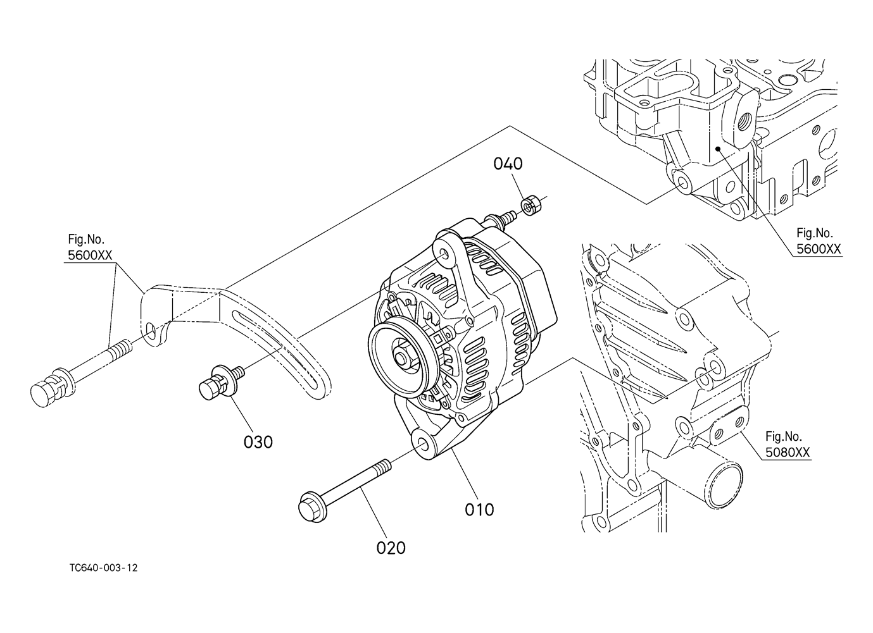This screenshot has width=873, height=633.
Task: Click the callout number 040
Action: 508,164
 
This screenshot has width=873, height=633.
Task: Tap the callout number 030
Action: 258,442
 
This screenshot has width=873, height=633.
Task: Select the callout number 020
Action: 391,548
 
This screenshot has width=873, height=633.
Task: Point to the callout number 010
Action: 479,509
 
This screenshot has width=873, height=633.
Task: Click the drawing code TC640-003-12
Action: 104,568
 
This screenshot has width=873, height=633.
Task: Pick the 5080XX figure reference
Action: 788,452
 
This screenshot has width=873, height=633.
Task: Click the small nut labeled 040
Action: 529,205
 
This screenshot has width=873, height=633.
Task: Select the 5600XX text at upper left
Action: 90,255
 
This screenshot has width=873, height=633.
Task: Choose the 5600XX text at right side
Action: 819,249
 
